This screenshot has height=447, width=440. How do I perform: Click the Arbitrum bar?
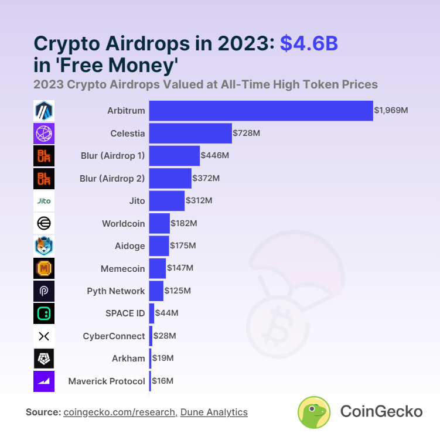261,111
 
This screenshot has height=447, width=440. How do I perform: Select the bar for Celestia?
190,133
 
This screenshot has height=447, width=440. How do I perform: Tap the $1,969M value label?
391,111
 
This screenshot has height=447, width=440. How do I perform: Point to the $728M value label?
246,133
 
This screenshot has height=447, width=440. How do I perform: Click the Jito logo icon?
44,201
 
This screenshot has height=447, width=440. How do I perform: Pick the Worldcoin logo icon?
44,223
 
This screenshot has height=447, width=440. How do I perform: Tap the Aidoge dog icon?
44,246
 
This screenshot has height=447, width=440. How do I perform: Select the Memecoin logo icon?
44,268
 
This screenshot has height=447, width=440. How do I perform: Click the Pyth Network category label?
115,291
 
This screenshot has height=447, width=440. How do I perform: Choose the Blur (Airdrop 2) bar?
170,178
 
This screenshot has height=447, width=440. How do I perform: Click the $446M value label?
214,156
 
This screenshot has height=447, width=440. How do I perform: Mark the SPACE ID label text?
125,313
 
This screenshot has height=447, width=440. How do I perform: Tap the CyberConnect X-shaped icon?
44,336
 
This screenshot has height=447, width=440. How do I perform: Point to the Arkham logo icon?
44,359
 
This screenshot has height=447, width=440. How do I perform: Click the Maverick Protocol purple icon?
44,381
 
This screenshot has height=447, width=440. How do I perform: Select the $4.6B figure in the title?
309,43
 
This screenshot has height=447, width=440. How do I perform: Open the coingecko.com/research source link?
120,412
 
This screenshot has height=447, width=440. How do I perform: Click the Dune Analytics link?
214,412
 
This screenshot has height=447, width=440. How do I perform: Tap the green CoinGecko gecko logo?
314,412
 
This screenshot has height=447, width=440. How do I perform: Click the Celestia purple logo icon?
44,134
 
